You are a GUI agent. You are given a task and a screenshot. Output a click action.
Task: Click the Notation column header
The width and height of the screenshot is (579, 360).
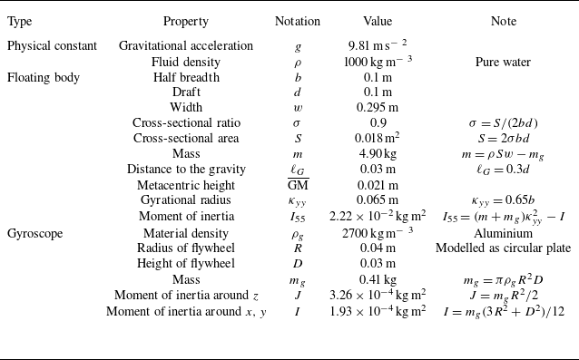[x=297, y=22]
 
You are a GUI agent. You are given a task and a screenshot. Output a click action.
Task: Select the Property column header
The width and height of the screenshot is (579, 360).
[x=185, y=22]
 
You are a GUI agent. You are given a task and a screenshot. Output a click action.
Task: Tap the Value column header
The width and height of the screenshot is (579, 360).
[x=378, y=22]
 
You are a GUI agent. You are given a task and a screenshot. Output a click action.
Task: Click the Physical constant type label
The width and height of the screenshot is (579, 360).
[x=47, y=45]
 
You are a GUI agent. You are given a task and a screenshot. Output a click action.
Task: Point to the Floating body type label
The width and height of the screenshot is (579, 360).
[x=43, y=78]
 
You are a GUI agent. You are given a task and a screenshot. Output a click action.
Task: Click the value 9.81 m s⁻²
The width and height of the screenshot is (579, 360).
[x=378, y=45]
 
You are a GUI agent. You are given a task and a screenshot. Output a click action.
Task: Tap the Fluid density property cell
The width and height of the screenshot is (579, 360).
[x=185, y=63]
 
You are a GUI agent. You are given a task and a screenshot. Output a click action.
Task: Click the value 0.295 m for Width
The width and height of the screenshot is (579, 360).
[x=378, y=108]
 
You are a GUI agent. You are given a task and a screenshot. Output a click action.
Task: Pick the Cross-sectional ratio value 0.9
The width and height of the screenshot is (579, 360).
[x=378, y=123]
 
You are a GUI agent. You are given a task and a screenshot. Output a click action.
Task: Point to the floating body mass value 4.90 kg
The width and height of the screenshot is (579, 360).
[x=378, y=154]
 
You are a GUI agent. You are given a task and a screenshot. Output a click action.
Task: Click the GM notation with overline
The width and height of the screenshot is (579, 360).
[x=297, y=185]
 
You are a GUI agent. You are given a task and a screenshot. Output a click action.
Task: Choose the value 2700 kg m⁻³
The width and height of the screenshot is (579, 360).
[x=378, y=233]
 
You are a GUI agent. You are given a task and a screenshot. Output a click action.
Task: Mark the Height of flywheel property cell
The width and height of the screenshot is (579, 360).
[x=185, y=264]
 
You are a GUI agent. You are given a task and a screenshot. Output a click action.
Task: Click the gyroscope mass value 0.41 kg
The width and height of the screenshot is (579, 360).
[x=378, y=280]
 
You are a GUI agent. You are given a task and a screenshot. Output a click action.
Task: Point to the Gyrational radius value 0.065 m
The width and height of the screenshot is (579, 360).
[x=378, y=200]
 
